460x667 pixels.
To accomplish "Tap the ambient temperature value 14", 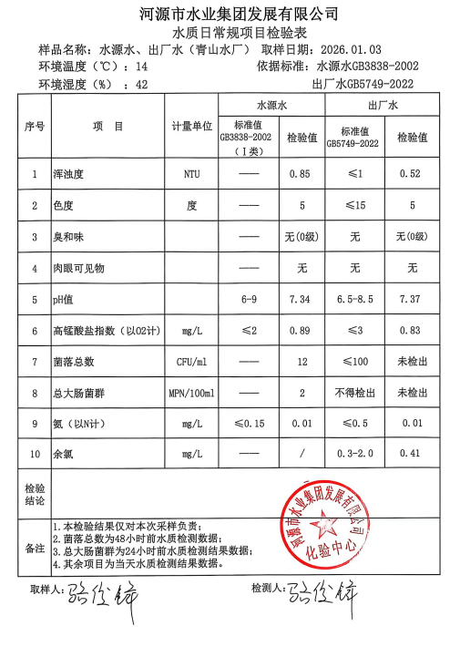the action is tap(141, 67).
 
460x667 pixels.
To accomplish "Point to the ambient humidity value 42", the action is tap(141, 84).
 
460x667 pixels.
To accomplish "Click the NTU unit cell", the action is tap(192, 173).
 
